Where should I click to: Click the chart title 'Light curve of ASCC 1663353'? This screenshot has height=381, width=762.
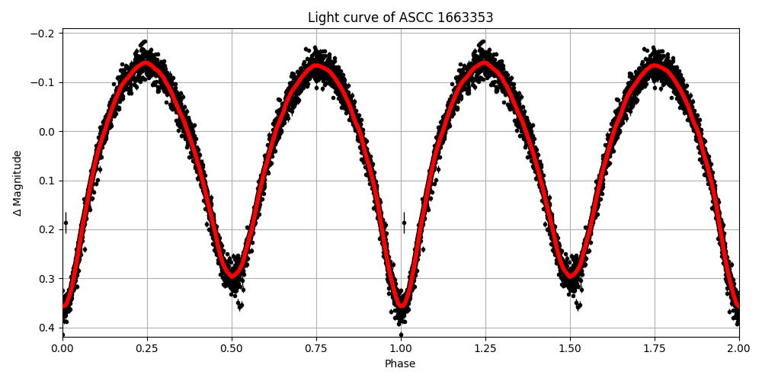point(400,18)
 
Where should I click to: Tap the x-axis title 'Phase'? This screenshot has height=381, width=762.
point(400,364)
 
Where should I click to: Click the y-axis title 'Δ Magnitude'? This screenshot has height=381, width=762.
point(18,183)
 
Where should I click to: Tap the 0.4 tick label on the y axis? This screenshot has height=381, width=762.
point(47,328)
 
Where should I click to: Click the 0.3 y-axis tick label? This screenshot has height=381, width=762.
point(47,279)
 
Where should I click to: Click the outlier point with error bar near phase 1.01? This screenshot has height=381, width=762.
point(404,223)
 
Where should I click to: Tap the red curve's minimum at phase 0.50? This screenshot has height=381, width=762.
point(232,274)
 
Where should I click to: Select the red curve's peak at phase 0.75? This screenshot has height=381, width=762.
point(316,66)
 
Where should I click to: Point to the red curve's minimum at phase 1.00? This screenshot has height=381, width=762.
point(401,306)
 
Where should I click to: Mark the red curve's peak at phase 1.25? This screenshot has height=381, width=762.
point(485,64)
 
